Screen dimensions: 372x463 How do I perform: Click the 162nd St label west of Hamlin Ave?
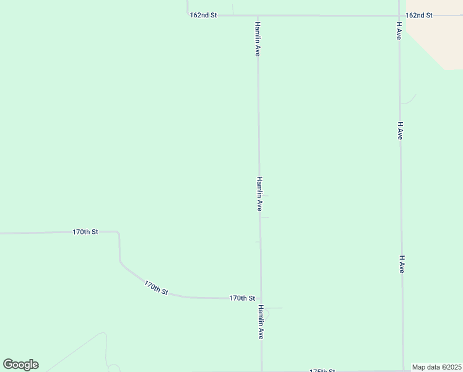tap(203, 15)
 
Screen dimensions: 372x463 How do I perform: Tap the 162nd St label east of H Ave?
tap(419, 15)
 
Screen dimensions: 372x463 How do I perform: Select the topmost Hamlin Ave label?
tap(257, 39)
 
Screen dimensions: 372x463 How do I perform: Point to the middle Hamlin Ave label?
tap(260, 193)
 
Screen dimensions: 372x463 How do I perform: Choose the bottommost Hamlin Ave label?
tap(261, 322)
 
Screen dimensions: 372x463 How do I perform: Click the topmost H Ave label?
tap(399, 32)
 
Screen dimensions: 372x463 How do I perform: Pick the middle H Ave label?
tap(400, 130)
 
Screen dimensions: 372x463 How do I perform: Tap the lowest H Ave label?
tap(402, 265)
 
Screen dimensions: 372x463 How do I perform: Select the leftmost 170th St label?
tap(85, 232)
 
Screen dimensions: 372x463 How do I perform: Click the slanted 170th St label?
tap(156, 288)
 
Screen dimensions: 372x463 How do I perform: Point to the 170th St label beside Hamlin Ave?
tap(242, 298)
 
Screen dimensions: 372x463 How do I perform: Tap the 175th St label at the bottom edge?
tap(322, 370)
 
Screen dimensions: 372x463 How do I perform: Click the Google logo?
tap(20, 365)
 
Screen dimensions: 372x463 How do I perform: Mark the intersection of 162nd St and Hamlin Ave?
tap(257, 15)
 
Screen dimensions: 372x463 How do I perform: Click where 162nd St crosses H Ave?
tap(399, 15)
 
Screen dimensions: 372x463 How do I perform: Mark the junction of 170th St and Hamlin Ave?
tap(261, 298)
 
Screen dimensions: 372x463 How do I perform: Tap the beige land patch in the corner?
tap(439, 40)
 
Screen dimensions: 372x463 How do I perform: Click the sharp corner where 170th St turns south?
tap(118, 233)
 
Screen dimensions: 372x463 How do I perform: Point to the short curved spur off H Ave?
tap(409, 101)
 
